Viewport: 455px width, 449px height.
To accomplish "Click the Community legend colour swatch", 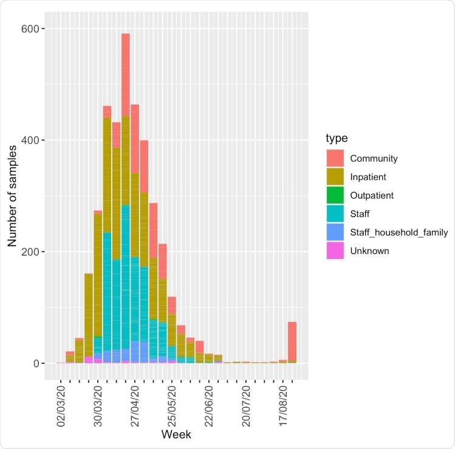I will pos(335,159).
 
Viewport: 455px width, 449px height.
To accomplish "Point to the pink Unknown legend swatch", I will pos(335,250).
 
